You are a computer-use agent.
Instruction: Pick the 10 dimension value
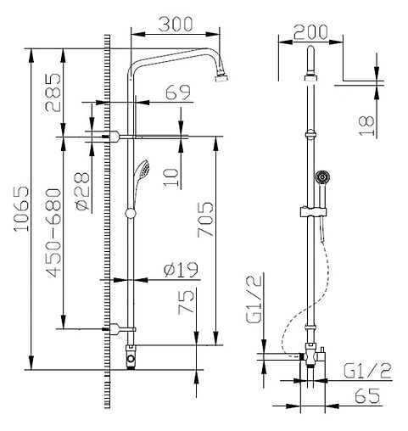[x=171, y=176]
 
